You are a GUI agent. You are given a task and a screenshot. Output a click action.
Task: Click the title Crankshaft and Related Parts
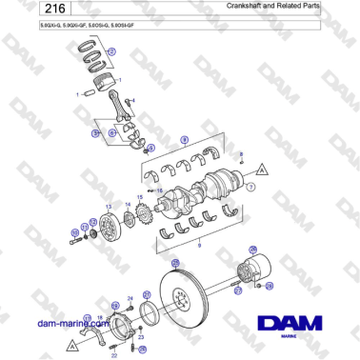(x=286, y=7)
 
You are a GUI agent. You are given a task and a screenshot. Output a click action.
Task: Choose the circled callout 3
(x=95, y=134)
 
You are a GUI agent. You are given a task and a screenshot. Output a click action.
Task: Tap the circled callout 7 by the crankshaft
(x=250, y=188)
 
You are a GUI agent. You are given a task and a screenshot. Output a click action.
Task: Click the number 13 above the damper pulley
(x=109, y=205)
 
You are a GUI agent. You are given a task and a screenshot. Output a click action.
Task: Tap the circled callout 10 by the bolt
(x=75, y=231)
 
